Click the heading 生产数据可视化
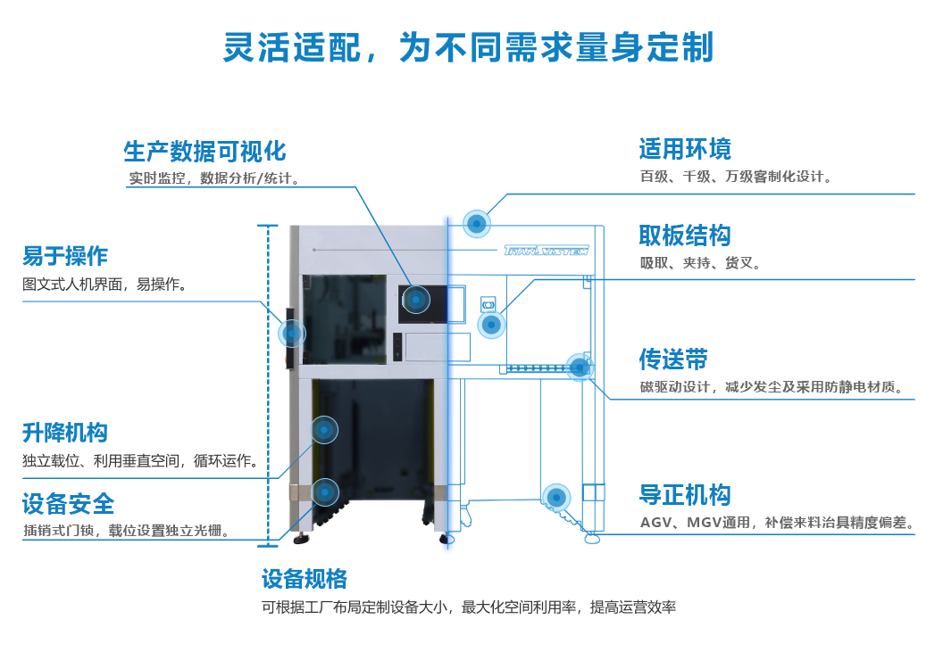coord(205,150)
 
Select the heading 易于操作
coord(65,256)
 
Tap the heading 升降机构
coord(65,433)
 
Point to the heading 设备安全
coord(69,504)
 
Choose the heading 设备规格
coord(305,579)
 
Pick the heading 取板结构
coord(685,235)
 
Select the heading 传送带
coord(673,359)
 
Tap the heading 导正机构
coord(685,495)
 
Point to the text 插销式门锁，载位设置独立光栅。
coord(129,531)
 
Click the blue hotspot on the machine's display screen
coord(415,299)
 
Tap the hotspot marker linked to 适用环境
coord(478,223)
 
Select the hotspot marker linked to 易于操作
coord(292,333)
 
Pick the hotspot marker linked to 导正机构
coord(556,497)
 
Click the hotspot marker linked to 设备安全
coord(325,491)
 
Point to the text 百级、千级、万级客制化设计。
coord(736,177)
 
